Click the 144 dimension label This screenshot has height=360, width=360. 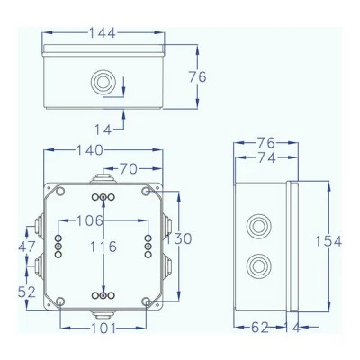coord(103,33)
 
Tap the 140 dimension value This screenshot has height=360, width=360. coord(90,150)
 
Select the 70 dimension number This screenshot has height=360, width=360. coord(129,169)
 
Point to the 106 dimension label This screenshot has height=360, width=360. coord(90,221)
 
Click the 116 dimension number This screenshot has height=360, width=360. coord(103,247)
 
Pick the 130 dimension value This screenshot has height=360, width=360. coord(179,238)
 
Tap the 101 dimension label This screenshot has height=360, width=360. coord(103,328)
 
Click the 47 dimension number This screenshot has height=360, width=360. coord(27,247)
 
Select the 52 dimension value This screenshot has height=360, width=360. coord(27,292)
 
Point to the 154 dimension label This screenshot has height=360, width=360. coord(328,241)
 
